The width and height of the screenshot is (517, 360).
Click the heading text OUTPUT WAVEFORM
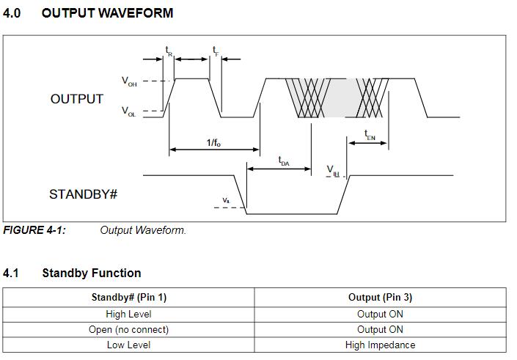tap(107, 13)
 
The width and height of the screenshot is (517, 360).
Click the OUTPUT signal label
tap(77, 99)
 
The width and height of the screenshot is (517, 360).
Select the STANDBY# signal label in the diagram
tap(84, 194)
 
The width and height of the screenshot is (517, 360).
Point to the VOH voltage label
tap(129, 82)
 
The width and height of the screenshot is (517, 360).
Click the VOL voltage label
tap(129, 112)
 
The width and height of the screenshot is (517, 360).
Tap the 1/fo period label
tap(213, 142)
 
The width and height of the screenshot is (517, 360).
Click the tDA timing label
tap(284, 161)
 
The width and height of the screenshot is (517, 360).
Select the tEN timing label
tap(370, 135)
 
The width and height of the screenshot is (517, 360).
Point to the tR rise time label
tap(169, 51)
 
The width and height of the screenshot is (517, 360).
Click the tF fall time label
tap(216, 51)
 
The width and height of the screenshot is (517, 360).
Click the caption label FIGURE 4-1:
tap(34, 230)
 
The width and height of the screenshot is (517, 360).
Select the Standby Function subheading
tap(92, 273)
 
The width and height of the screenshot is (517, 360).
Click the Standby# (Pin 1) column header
tap(129, 297)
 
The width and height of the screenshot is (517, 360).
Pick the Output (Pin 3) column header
tap(380, 297)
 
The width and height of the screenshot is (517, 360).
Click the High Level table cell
tap(129, 314)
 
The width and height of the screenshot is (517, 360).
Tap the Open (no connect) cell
tap(129, 329)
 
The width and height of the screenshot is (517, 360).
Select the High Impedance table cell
tap(380, 345)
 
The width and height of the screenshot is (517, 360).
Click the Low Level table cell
tap(129, 345)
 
